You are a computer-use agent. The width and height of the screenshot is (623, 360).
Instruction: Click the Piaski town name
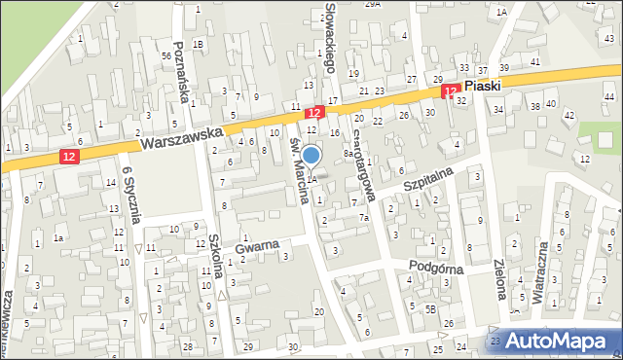(x=483, y=86)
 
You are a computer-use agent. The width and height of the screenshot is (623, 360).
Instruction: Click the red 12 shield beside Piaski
(x=450, y=90)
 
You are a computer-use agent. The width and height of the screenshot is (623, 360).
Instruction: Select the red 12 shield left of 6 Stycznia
(x=67, y=156)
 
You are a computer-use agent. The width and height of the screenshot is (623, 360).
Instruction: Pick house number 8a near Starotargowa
(x=348, y=153)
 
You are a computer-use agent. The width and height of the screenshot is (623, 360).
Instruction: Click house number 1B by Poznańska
(x=199, y=44)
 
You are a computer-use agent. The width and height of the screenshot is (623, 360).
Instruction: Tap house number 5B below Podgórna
(x=429, y=309)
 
